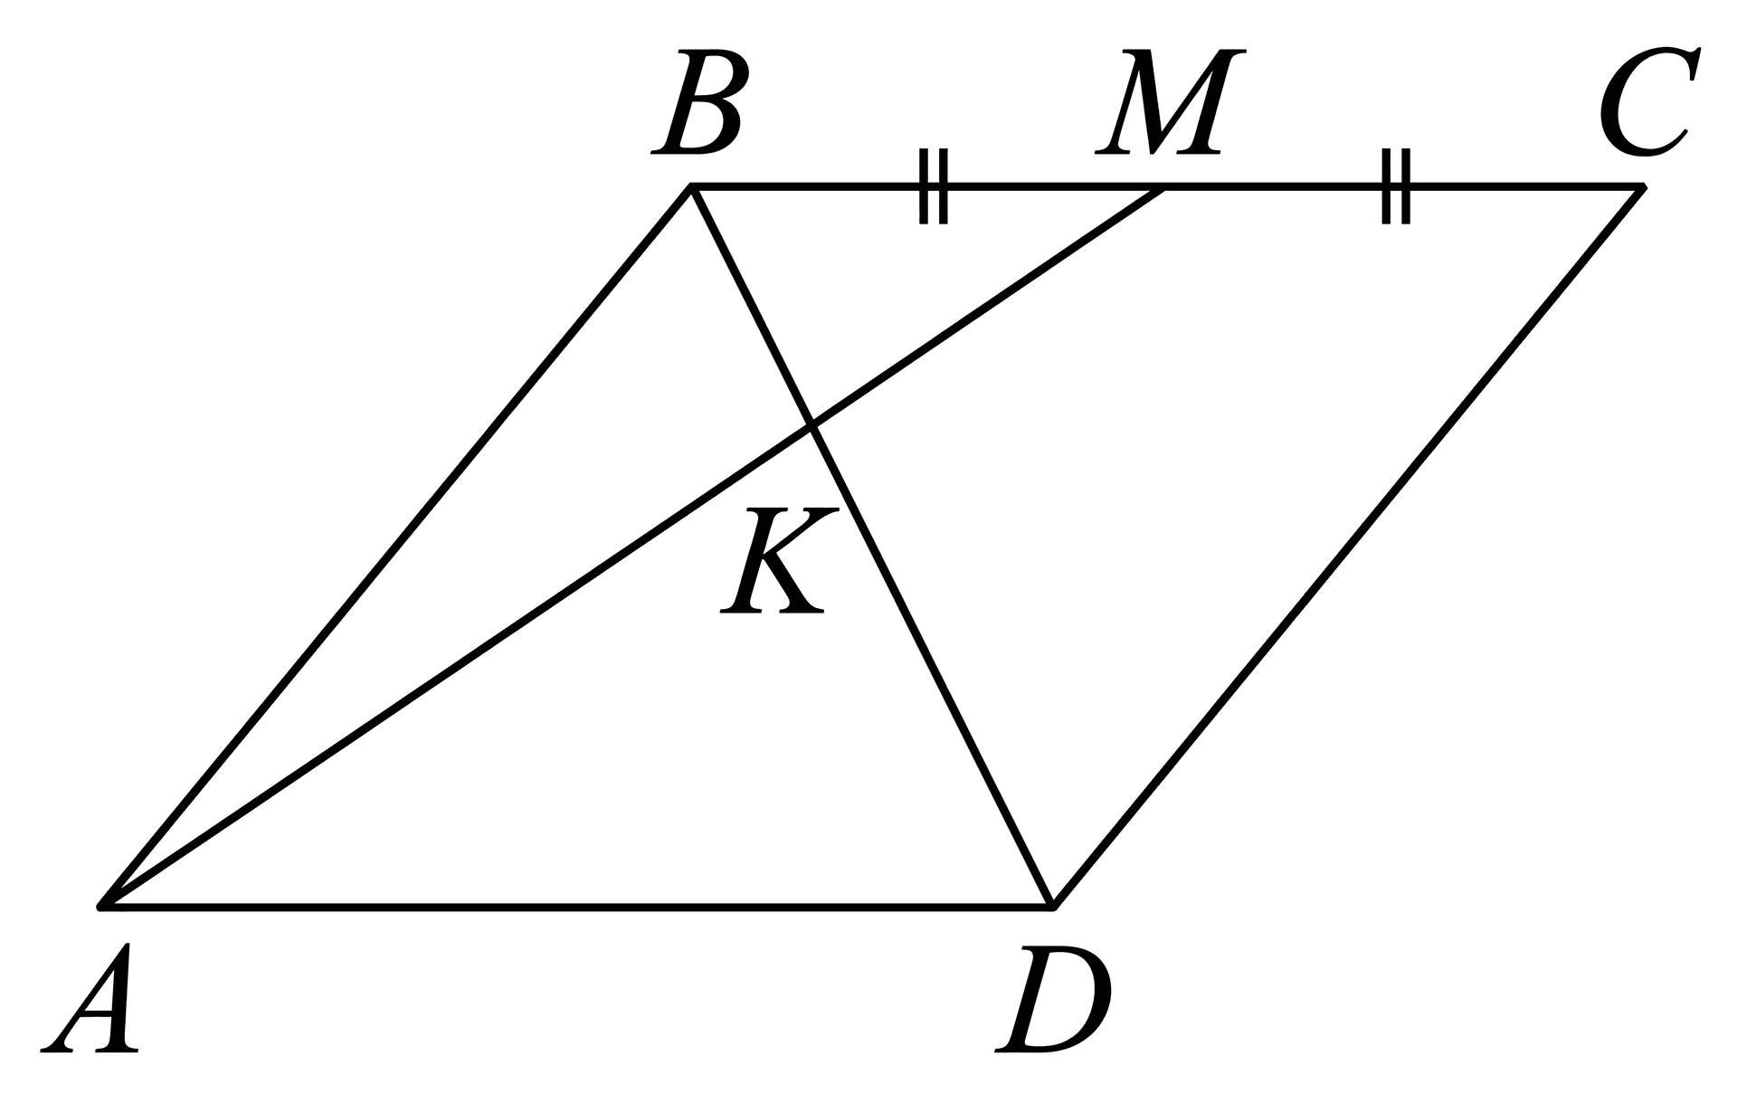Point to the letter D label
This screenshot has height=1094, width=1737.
point(1053,999)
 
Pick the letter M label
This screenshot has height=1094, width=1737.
point(1171,100)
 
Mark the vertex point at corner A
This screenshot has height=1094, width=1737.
point(103,904)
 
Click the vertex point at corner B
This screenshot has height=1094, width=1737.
point(691,186)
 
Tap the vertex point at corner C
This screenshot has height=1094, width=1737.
point(1641,186)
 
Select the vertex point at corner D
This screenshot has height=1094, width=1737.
point(1052,904)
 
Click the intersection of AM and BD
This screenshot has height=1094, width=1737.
point(812,425)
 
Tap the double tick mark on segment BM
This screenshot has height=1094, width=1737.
point(934,186)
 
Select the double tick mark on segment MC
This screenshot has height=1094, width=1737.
point(1396,186)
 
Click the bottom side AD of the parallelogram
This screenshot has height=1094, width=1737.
point(577,904)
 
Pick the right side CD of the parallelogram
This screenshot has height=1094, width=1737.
point(1346,546)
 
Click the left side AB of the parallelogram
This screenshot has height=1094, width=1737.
point(397,546)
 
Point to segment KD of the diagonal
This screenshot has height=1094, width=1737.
point(932,665)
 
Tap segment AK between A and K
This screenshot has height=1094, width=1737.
point(457,665)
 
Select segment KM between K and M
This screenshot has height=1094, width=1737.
point(988,306)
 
